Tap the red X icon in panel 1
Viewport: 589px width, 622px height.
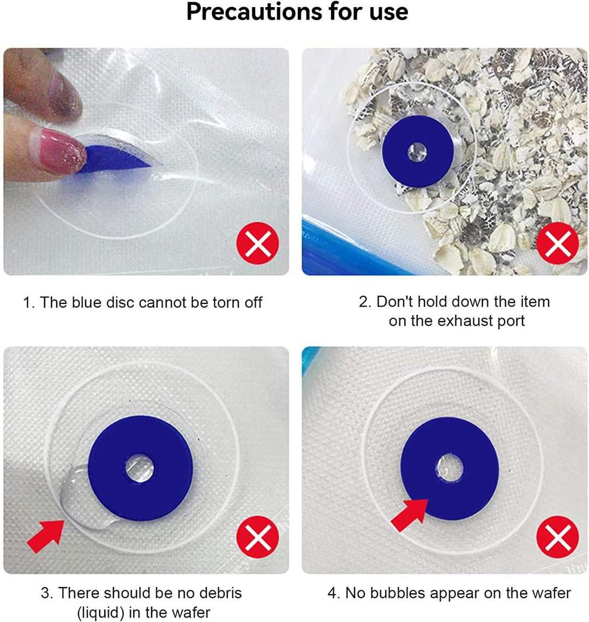pyautogui.click(x=258, y=243)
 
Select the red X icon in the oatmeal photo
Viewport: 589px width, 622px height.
pyautogui.click(x=558, y=243)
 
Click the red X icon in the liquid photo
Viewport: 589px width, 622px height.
pyautogui.click(x=258, y=537)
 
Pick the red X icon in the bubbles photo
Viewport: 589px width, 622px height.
pyautogui.click(x=558, y=537)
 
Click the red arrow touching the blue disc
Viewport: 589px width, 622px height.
pyautogui.click(x=410, y=515)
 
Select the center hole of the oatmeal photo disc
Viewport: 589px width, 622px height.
pyautogui.click(x=417, y=152)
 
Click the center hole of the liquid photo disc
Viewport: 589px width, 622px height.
pyautogui.click(x=140, y=468)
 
